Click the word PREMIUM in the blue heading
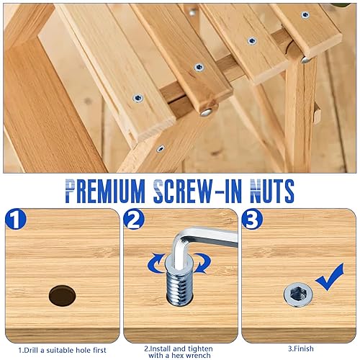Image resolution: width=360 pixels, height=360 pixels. point(105,192)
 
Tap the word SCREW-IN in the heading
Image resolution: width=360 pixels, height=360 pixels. point(197,192)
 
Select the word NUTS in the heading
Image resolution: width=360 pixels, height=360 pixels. point(272,192)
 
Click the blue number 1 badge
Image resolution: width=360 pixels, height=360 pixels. point(16,219)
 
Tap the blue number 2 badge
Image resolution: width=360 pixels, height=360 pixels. point(134,219)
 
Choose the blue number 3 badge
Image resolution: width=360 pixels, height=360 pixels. point(252,219)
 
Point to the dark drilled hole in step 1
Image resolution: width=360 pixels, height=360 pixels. point(63,296)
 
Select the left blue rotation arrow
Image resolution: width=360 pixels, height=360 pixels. point(156,264)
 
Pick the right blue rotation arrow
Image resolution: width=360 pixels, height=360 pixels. point(202,264)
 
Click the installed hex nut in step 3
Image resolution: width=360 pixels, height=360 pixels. point(298,294)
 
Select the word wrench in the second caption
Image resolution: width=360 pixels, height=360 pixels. point(198,356)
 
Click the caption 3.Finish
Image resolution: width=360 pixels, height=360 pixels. point(301,348)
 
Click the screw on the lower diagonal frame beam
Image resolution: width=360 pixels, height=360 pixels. point(161,148)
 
